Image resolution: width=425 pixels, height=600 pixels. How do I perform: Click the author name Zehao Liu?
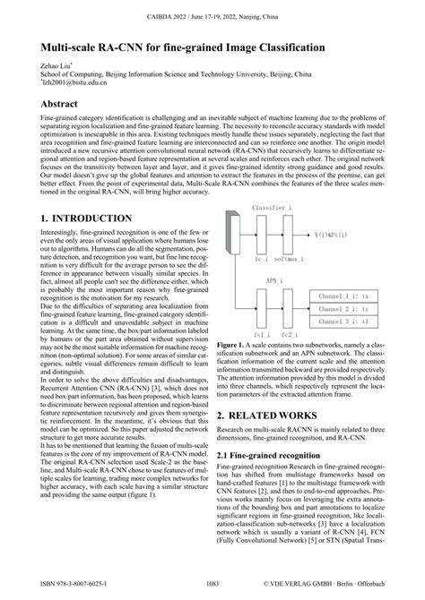click(x=55, y=66)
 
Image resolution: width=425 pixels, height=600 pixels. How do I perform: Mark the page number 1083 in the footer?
click(x=212, y=583)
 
